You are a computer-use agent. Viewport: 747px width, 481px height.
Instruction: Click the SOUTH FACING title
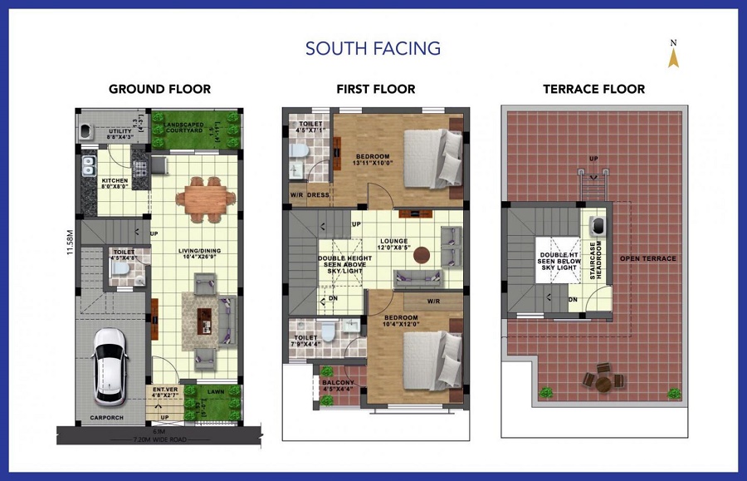(x=373, y=48)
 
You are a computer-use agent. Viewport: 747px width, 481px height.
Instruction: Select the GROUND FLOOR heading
(x=159, y=89)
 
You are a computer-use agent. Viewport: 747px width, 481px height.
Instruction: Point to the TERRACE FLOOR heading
(x=593, y=89)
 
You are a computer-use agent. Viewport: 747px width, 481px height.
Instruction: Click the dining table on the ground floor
(x=203, y=197)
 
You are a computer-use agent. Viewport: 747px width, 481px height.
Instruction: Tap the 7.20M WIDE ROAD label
(x=152, y=437)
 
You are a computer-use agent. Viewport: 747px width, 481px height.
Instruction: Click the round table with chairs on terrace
(x=603, y=382)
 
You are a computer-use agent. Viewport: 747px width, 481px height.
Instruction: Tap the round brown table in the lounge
(x=421, y=254)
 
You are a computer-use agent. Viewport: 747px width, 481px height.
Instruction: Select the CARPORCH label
(x=105, y=417)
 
